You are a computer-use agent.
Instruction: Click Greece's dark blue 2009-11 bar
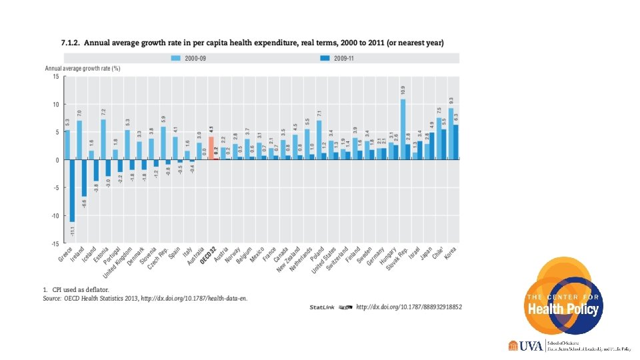[71, 191]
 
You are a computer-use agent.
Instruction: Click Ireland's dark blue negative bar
[84, 178]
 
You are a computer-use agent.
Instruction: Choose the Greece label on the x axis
[66, 253]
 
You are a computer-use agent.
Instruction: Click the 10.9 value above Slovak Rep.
[403, 89]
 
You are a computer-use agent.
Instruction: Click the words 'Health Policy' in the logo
[564, 309]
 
